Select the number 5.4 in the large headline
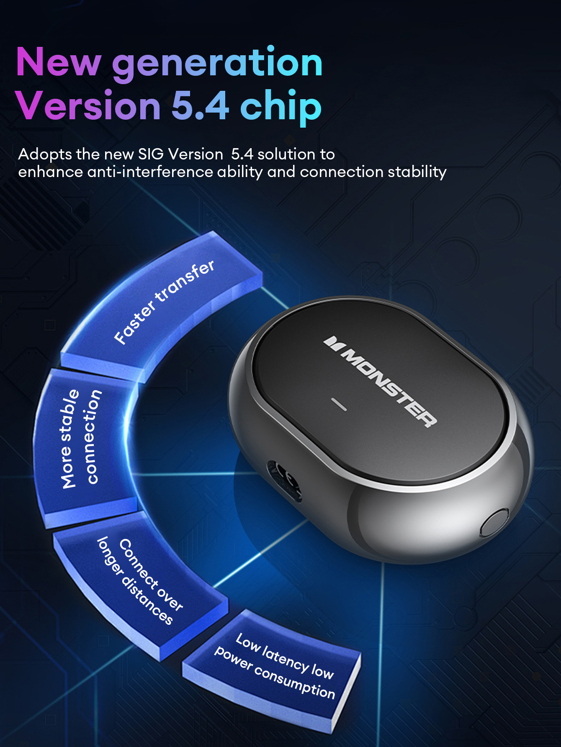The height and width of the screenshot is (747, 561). pyautogui.click(x=201, y=105)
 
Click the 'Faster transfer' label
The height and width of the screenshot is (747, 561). pyautogui.click(x=164, y=302)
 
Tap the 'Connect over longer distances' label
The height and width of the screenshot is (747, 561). pyautogui.click(x=140, y=581)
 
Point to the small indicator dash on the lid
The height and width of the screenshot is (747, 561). pyautogui.click(x=339, y=404)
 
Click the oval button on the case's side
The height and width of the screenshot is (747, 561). pyautogui.click(x=494, y=522)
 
